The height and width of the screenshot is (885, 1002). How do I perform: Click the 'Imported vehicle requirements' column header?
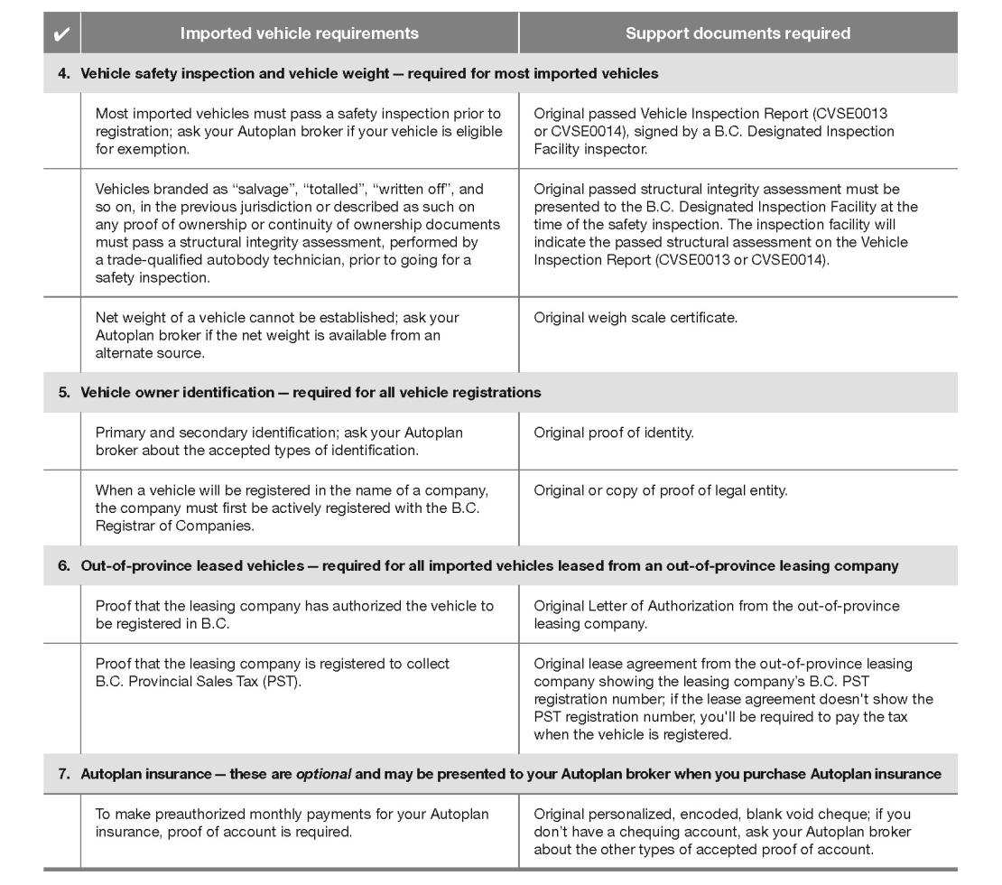299,34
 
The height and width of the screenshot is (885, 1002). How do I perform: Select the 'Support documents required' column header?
737,34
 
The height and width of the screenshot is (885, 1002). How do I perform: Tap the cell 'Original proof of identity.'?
614,433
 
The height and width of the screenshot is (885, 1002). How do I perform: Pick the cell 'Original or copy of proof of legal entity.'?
661,490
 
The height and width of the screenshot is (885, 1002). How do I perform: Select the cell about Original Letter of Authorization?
717,614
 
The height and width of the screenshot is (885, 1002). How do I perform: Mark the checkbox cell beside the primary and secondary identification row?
61,441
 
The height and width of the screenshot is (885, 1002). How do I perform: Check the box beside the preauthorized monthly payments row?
61,831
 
